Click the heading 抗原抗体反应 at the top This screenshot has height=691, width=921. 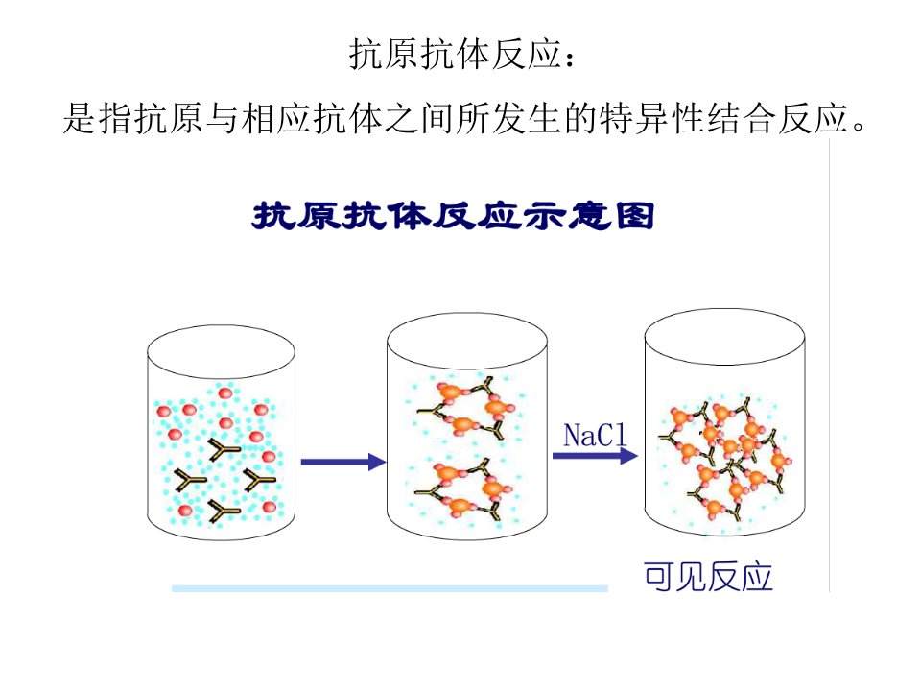click(455, 54)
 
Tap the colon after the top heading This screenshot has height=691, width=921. click(569, 57)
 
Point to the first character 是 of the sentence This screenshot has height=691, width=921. click(81, 118)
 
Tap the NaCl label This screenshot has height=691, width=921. click(595, 436)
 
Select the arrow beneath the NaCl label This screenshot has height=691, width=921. click(595, 456)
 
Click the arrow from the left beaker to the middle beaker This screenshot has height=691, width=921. click(343, 462)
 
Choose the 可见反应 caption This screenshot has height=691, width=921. click(708, 577)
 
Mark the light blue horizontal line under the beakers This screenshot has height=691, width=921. click(390, 588)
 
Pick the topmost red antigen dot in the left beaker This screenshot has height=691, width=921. click(224, 393)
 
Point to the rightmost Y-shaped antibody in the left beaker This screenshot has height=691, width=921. click(257, 481)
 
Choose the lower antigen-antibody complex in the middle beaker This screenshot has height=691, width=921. click(464, 490)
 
